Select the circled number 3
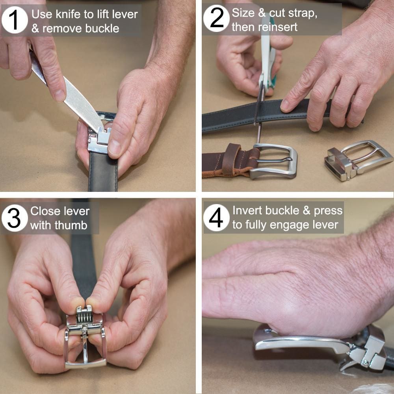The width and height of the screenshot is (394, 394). pyautogui.click(x=15, y=218)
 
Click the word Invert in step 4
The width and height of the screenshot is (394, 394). pyautogui.click(x=247, y=210)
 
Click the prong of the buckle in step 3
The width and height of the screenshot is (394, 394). pyautogui.click(x=85, y=347)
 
